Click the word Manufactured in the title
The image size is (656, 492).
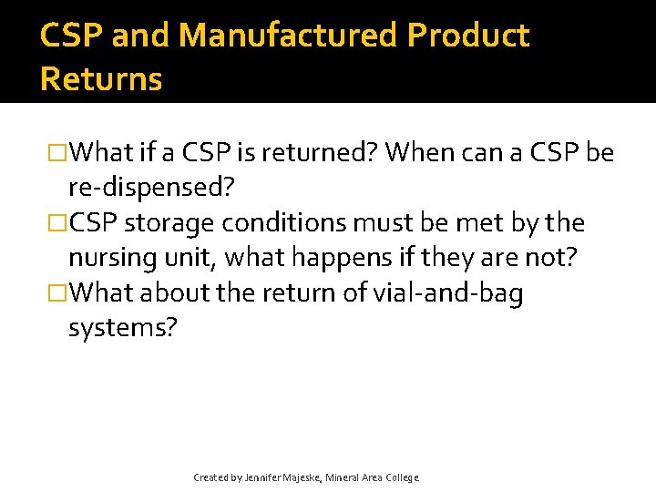pos(289,35)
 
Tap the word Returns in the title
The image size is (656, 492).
pos(101,79)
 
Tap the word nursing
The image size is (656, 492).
pos(108,258)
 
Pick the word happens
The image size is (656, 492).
pos(320,258)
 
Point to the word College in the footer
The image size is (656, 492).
pos(402,477)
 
